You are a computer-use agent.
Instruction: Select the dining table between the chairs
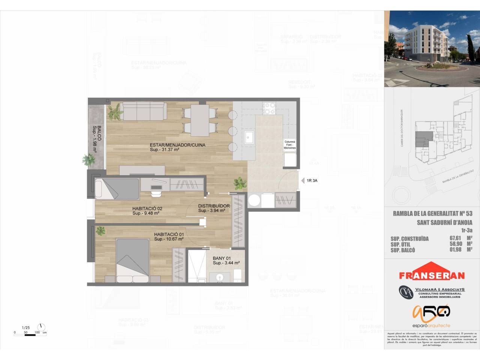199,120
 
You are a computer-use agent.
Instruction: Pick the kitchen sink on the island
249,137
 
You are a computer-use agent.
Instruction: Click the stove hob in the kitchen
269,108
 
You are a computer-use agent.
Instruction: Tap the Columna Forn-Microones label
289,145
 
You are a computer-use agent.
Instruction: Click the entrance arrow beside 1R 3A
303,181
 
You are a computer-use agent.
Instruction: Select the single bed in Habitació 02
117,188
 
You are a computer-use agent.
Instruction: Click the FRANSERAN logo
432,272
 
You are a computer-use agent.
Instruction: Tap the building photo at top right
432,49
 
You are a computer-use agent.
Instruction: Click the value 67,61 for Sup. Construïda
455,238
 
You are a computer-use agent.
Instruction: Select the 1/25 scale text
25,327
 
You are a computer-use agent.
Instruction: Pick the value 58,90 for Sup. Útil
455,244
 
